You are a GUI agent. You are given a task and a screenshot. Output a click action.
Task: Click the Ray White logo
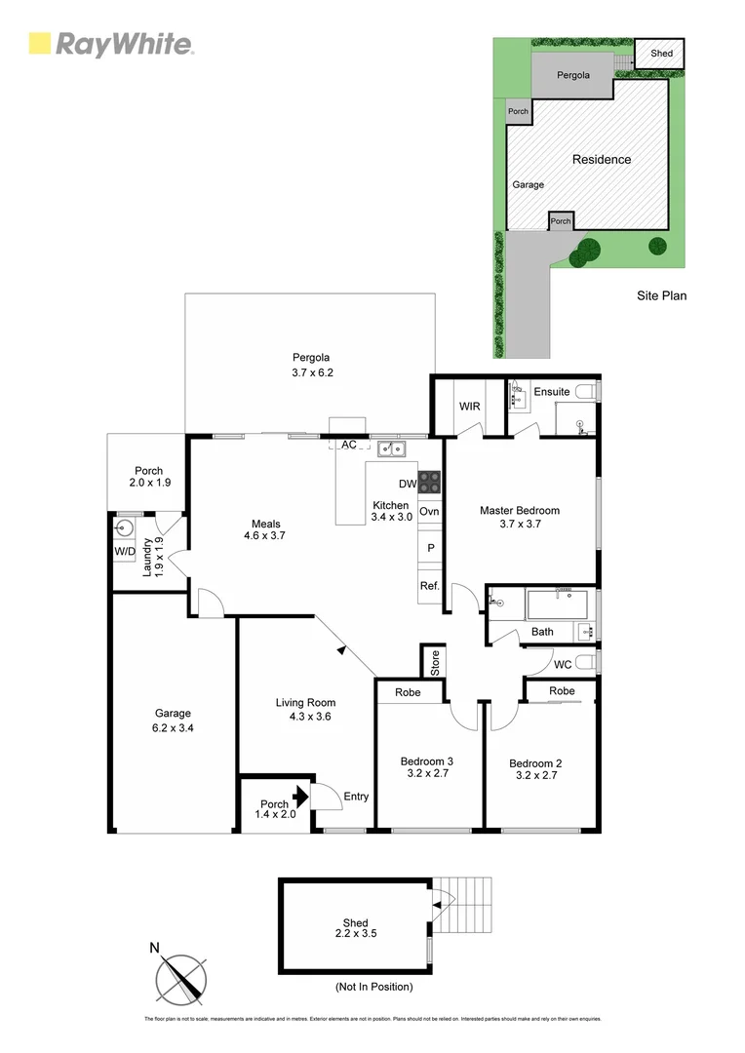pos(111,44)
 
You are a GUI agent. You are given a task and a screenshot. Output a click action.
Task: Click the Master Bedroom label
pos(519,510)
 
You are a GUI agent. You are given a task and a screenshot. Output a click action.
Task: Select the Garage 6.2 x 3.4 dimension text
pos(172,728)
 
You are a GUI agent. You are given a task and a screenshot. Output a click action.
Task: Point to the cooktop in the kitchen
pos(429,481)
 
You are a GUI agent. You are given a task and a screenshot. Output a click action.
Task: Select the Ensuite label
pos(551,392)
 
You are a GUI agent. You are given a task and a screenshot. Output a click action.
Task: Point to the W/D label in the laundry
pos(125,552)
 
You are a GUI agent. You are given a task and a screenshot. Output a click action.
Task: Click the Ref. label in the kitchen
pos(429,586)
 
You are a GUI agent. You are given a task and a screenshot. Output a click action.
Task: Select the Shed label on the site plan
pos(661,54)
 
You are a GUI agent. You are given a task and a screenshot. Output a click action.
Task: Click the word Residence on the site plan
pos(601,160)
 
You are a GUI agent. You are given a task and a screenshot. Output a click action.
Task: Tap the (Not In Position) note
pos(373,987)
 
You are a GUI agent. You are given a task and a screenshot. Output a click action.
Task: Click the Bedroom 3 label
pos(426,768)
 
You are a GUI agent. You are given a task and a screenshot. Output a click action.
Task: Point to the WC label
pos(563,664)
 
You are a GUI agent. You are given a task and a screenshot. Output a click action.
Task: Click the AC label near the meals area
pos(347,445)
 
